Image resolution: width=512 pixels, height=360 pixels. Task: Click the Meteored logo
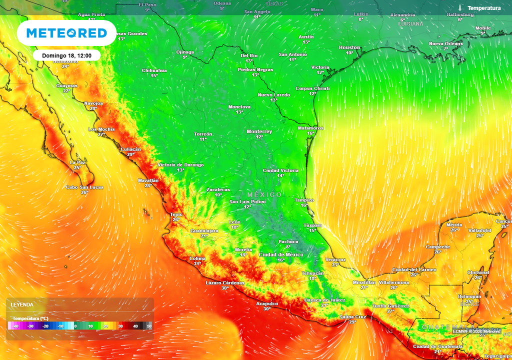(66, 33)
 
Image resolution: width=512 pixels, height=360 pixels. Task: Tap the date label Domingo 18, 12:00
(67, 55)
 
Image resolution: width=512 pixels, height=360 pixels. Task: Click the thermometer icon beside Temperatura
(459, 8)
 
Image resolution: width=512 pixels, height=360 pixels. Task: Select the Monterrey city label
(259, 131)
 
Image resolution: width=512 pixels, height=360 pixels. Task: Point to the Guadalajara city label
(204, 230)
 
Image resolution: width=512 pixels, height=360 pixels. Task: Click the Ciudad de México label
(281, 254)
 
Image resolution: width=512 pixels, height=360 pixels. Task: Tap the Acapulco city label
(267, 303)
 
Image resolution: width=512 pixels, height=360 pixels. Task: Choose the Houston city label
(349, 47)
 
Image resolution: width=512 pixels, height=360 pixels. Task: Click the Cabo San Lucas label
(84, 187)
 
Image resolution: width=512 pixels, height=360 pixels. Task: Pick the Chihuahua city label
(154, 70)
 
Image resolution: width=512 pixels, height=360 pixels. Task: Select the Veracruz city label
(335, 259)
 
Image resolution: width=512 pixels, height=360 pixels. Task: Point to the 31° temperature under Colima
(197, 263)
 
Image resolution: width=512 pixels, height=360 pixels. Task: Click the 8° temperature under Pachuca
(288, 247)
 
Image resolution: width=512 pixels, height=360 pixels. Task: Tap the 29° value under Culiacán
(130, 154)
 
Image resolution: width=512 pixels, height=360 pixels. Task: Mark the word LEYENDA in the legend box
(22, 304)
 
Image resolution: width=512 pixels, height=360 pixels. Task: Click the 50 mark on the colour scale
(149, 326)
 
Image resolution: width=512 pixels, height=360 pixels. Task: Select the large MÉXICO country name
(264, 194)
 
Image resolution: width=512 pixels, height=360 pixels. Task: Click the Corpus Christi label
(312, 88)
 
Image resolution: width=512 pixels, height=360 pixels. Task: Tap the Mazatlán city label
(148, 180)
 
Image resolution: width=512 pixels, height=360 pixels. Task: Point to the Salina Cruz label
(352, 316)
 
